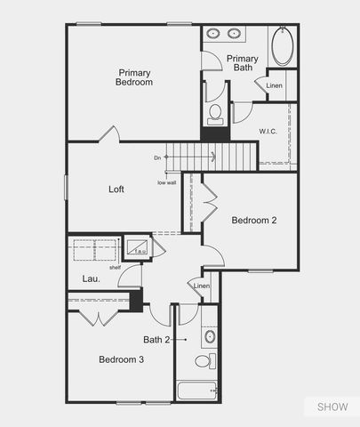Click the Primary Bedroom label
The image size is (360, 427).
pos(134,77)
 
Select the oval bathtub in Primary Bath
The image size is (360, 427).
pos(282,46)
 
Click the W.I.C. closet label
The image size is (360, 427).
pos(269,132)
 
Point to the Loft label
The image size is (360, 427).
pos(116,189)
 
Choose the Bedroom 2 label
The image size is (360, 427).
pos(254,220)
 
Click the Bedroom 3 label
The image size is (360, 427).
pos(121,359)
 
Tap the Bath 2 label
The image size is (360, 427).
pos(158,339)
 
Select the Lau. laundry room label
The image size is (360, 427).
pos(92,279)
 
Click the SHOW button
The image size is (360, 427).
pos(332,407)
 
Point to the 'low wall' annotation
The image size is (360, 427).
pos(166,182)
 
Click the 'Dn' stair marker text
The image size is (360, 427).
pos(157,157)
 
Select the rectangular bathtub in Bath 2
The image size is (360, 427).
pos(196,391)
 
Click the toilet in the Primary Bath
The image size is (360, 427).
pos(214,113)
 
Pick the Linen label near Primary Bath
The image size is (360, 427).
pos(275,85)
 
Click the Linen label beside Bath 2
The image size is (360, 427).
pos(202,286)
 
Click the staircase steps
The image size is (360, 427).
pos(226,157)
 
